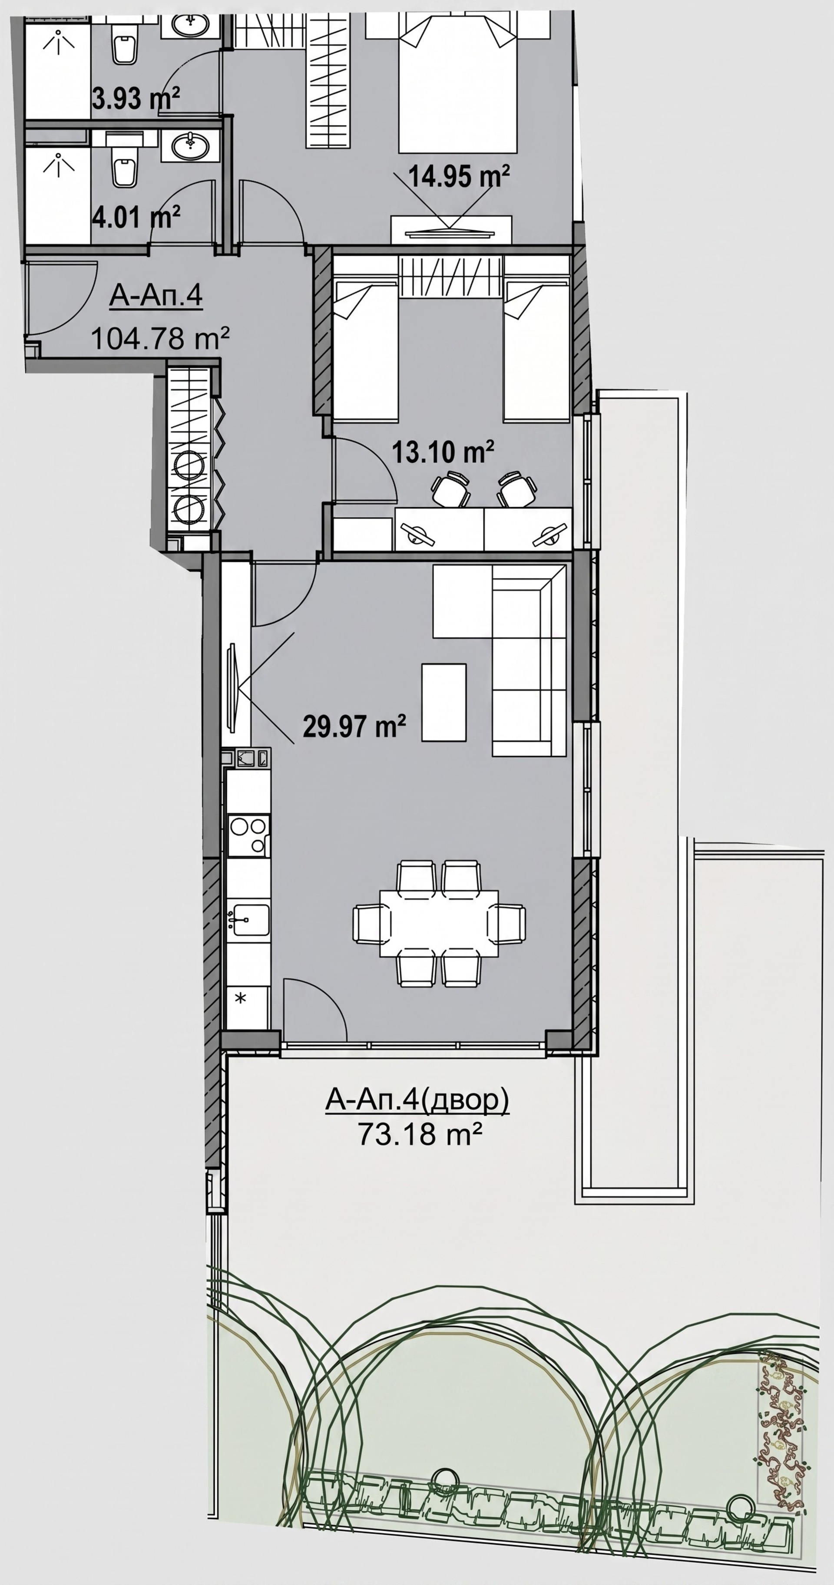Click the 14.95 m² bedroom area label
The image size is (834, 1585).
click(459, 177)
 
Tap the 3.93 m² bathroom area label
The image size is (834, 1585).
click(136, 98)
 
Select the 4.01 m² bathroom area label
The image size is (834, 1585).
click(136, 217)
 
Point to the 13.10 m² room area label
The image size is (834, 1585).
click(443, 453)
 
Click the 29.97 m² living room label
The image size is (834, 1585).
click(354, 726)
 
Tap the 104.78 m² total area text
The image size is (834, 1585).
click(160, 338)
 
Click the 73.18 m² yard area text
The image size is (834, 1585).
click(419, 1134)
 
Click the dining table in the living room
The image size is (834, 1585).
click(439, 923)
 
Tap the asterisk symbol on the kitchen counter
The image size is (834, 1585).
click(241, 998)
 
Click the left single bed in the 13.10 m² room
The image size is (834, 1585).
click(365, 351)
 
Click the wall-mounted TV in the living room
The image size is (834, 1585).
click(233, 687)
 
